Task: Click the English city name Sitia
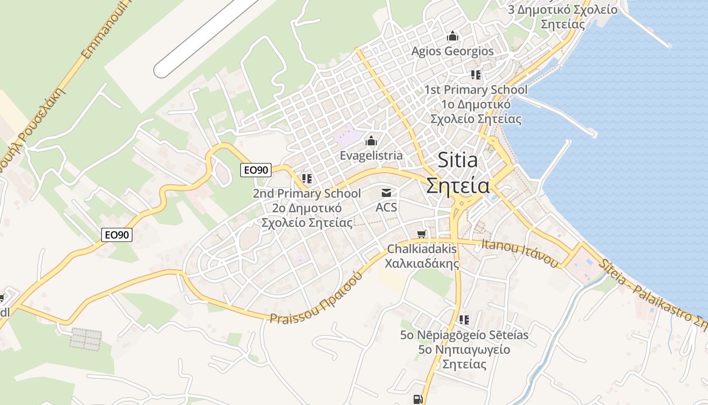[x=457, y=160]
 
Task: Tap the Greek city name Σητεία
[x=458, y=185]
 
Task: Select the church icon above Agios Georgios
[x=452, y=36]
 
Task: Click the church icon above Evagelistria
[x=371, y=141]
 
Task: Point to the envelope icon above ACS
[x=386, y=192]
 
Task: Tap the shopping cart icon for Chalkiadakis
[x=422, y=234]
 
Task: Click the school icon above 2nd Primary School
[x=306, y=179]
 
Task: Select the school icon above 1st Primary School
[x=475, y=75]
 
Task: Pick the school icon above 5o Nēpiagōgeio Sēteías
[x=464, y=320]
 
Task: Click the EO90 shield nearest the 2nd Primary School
[x=255, y=170]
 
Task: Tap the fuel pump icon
[x=417, y=399]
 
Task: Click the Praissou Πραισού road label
[x=317, y=299]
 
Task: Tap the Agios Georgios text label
[x=452, y=51]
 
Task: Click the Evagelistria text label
[x=371, y=155]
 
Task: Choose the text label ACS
[x=386, y=207]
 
